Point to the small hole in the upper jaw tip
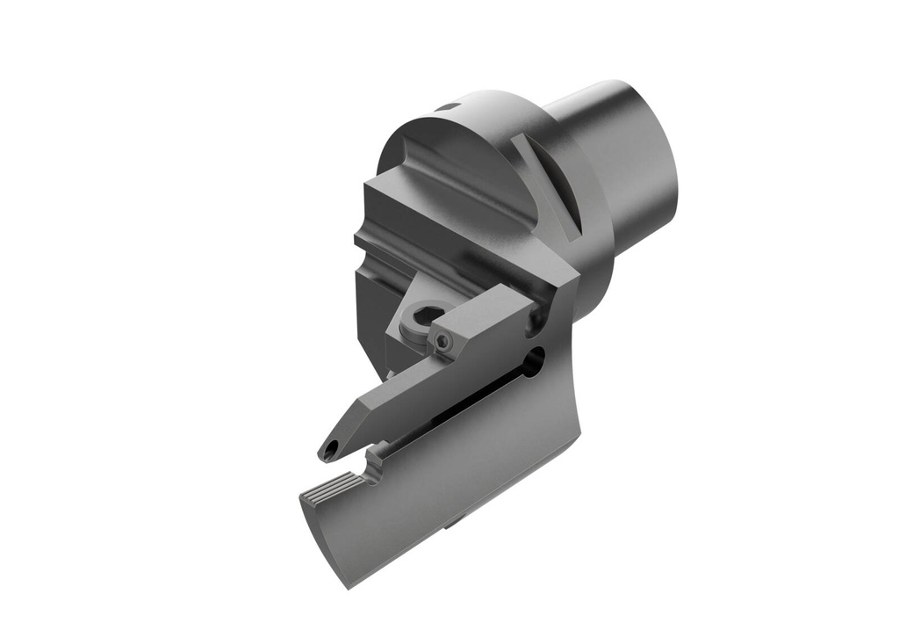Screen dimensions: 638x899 coord(330,452)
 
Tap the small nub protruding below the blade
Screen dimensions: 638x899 coord(451,525)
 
